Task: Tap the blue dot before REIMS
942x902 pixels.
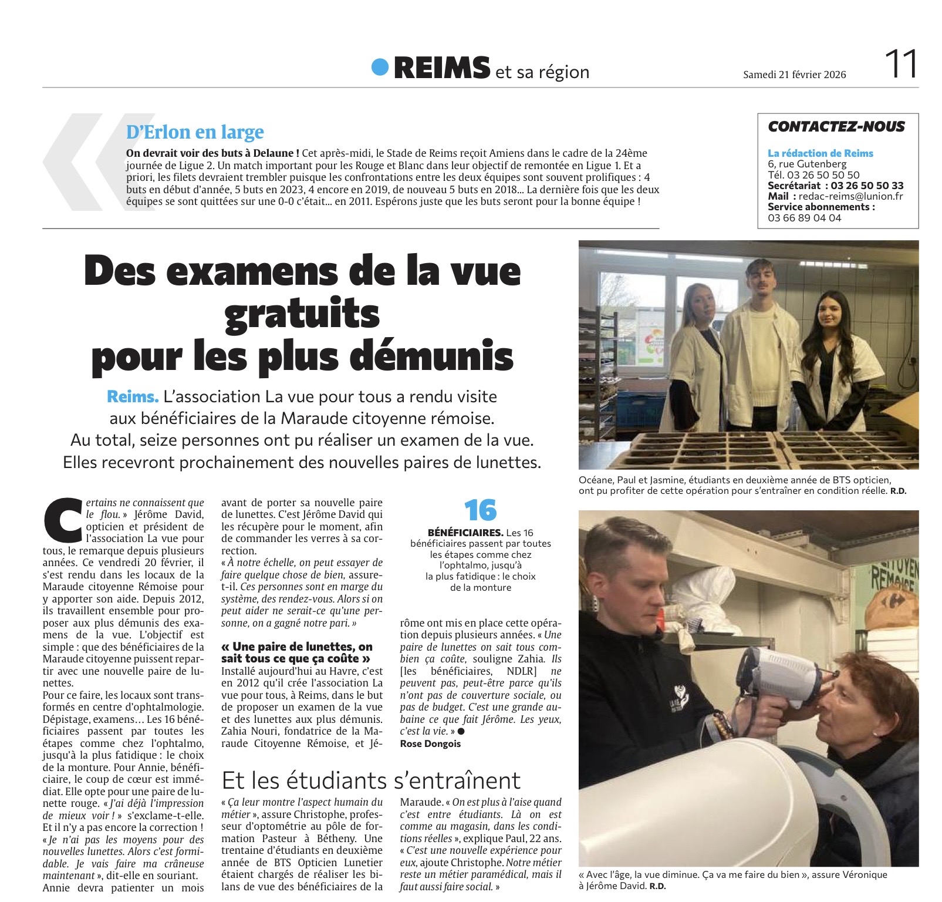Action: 380,67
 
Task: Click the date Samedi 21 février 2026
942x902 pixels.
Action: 794,75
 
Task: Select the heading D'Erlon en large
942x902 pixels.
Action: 195,132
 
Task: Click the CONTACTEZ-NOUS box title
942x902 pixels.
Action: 836,126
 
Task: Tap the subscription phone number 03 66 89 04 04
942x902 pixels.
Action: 804,218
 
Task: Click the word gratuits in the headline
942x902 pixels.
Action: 302,314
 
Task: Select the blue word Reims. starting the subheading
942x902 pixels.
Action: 133,397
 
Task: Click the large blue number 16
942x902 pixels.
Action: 480,511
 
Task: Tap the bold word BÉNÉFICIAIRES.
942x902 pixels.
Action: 465,533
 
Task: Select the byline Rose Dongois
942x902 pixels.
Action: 430,744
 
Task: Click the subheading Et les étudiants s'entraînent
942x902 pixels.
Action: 371,780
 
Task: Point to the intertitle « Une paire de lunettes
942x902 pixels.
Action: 296,647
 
